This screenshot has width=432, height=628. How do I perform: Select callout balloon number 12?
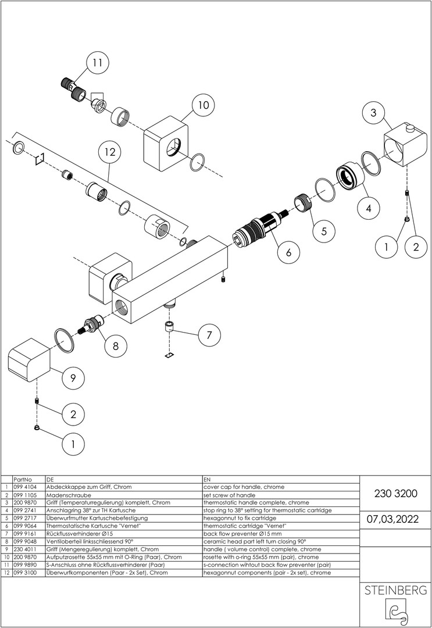click(110, 153)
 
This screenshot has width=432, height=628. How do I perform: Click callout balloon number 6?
click(288, 252)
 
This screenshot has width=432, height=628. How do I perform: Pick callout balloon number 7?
click(209, 336)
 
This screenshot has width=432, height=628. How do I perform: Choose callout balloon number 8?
click(116, 346)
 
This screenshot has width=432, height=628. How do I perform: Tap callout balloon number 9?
click(73, 378)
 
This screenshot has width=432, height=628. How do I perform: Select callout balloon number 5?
click(324, 231)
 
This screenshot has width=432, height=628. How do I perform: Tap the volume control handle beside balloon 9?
click(30, 359)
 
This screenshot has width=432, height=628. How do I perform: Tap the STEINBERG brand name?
click(395, 591)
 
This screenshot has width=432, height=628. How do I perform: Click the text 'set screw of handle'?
click(231, 494)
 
